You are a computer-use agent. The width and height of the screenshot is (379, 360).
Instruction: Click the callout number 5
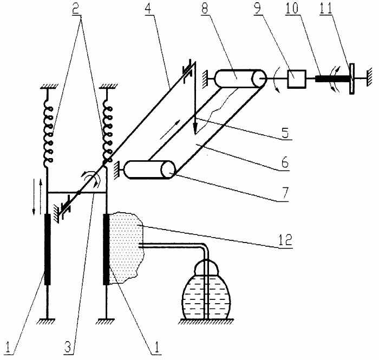click(x=285, y=133)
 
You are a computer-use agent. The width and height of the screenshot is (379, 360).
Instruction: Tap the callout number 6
click(x=285, y=162)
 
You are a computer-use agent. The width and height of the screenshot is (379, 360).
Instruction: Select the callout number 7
click(x=285, y=193)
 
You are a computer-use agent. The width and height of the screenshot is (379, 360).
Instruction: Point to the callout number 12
click(x=285, y=239)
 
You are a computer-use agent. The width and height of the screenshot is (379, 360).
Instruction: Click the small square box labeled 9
click(x=297, y=78)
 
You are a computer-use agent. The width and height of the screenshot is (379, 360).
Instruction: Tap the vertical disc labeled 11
click(x=352, y=78)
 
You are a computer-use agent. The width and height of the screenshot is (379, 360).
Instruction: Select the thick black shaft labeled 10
click(x=332, y=78)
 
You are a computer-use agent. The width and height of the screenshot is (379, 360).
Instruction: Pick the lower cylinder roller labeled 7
click(x=150, y=169)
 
